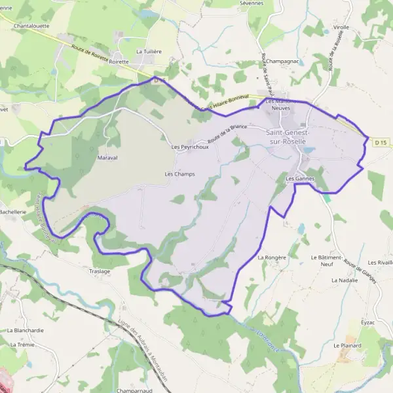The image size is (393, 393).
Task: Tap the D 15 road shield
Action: click(x=381, y=141)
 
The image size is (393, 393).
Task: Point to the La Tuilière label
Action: click(x=149, y=50)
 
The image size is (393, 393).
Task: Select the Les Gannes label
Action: click(x=301, y=178)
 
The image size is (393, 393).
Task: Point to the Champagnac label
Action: click(x=283, y=60)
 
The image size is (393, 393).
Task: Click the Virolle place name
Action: click(x=341, y=28)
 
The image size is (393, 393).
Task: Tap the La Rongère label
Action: click(x=272, y=257)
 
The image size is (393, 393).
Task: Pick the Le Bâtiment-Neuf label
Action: click(x=327, y=261)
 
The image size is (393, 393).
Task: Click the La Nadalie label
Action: click(x=345, y=280)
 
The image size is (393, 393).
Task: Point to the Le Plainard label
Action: click(x=347, y=345)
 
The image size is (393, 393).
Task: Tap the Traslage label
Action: click(x=100, y=271)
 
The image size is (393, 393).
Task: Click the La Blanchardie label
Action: click(x=26, y=330)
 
